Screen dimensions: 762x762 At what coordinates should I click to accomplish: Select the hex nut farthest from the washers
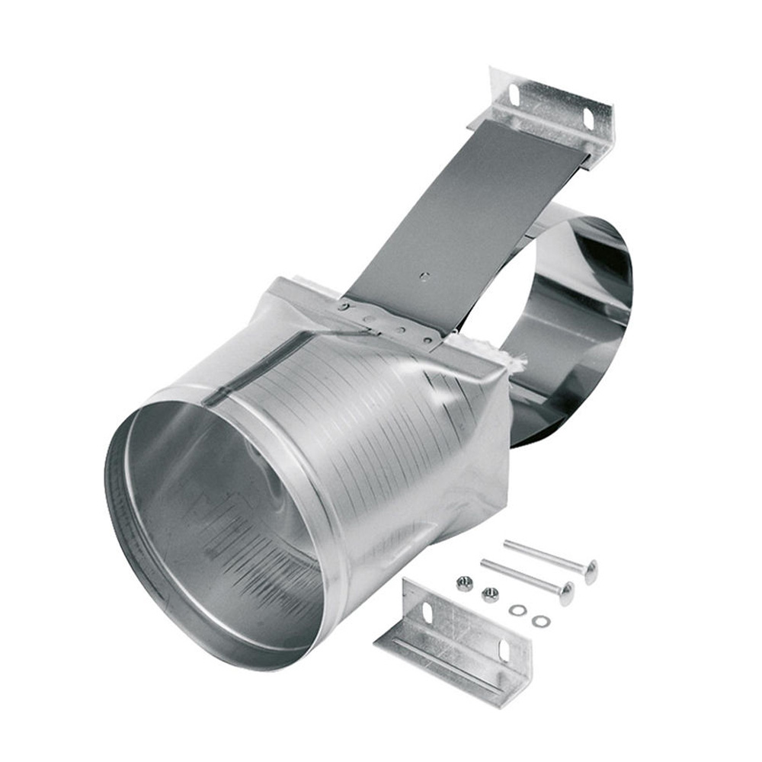(x=463, y=584)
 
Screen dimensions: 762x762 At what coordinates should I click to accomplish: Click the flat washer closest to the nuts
(x=518, y=610)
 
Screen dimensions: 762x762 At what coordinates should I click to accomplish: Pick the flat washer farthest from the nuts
(x=541, y=621)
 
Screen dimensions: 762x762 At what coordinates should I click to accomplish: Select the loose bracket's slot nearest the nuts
(x=427, y=612)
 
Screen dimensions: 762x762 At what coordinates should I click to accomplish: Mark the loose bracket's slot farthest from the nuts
(x=504, y=652)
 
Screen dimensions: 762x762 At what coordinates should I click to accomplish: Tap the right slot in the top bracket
(x=588, y=119)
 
